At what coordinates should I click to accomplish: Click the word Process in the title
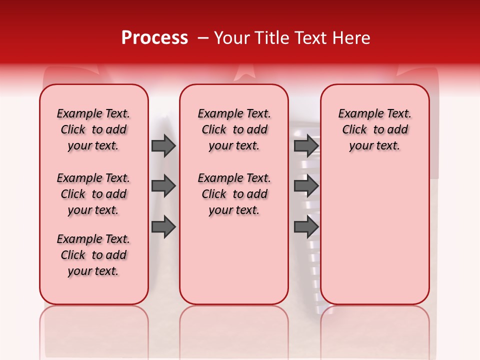pyautogui.click(x=154, y=38)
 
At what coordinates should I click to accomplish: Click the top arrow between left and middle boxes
pyautogui.click(x=163, y=145)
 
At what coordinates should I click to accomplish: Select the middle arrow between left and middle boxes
pyautogui.click(x=163, y=186)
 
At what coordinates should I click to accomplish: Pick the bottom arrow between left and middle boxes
pyautogui.click(x=163, y=227)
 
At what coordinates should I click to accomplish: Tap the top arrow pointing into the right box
pyautogui.click(x=306, y=145)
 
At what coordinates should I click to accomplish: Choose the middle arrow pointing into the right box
pyautogui.click(x=306, y=186)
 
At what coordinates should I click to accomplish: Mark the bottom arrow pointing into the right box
pyautogui.click(x=306, y=227)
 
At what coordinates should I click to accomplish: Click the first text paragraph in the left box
pyautogui.click(x=93, y=129)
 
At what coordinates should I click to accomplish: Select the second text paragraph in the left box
pyautogui.click(x=93, y=194)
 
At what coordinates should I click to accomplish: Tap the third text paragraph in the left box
pyautogui.click(x=93, y=255)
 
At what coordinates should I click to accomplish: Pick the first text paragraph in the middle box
pyautogui.click(x=234, y=129)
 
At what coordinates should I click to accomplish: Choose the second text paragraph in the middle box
pyautogui.click(x=234, y=194)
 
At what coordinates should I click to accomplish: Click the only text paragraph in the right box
pyautogui.click(x=374, y=129)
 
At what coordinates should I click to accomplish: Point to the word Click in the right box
pyautogui.click(x=354, y=129)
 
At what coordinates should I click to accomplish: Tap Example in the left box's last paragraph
pyautogui.click(x=75, y=239)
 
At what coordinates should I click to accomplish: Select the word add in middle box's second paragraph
pyautogui.click(x=257, y=194)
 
